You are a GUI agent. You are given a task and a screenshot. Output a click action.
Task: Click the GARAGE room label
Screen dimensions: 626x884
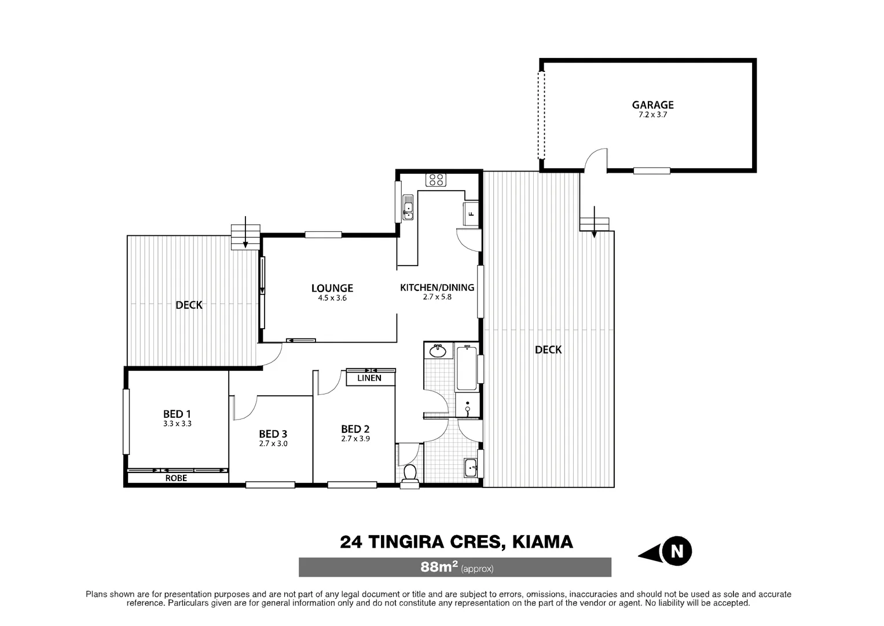pyautogui.click(x=652, y=105)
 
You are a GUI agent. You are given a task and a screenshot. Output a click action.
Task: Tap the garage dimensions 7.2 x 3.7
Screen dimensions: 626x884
pyautogui.click(x=652, y=115)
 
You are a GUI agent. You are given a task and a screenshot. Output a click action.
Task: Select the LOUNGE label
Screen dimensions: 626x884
pyautogui.click(x=332, y=288)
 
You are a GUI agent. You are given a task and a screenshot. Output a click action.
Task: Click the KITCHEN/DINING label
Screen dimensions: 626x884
pyautogui.click(x=437, y=287)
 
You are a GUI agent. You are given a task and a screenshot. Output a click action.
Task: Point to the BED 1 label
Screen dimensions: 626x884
pyautogui.click(x=177, y=414)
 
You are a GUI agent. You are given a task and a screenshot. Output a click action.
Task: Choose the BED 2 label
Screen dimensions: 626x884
pyautogui.click(x=355, y=429)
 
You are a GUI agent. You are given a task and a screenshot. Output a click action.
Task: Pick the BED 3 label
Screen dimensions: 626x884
pyautogui.click(x=273, y=434)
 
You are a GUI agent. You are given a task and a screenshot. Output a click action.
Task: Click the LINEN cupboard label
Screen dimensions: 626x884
pyautogui.click(x=369, y=378)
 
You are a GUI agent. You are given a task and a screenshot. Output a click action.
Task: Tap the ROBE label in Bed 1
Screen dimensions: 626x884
pyautogui.click(x=176, y=478)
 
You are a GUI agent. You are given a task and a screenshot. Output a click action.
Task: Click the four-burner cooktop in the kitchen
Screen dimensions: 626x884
pyautogui.click(x=436, y=180)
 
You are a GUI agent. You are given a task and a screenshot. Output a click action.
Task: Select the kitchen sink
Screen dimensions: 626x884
pyautogui.click(x=408, y=207)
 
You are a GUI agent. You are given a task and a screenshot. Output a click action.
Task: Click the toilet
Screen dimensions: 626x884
pyautogui.click(x=410, y=472)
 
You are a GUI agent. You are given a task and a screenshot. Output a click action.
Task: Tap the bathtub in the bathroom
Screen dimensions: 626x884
pyautogui.click(x=466, y=367)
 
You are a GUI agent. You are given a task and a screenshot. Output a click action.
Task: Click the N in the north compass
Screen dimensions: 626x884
pyautogui.click(x=676, y=551)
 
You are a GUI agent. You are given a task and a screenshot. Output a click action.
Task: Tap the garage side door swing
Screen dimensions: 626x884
pyautogui.click(x=595, y=161)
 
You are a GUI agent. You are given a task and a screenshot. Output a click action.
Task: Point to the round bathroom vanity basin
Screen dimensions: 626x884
pyautogui.click(x=438, y=351)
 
